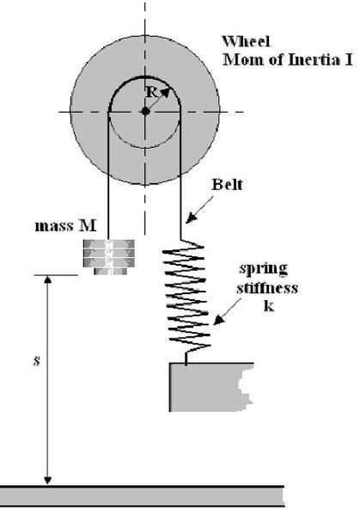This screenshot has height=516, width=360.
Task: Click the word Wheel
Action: click(x=247, y=41)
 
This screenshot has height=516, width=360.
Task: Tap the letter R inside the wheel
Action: click(x=151, y=93)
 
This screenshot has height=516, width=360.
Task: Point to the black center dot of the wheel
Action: click(x=145, y=112)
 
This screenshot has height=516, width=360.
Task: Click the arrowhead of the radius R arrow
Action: click(x=165, y=92)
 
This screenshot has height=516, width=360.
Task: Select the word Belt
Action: click(x=227, y=184)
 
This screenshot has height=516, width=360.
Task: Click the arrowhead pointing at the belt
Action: click(x=191, y=218)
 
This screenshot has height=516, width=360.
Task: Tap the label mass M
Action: click(x=66, y=226)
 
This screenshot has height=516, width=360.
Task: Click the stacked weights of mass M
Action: click(x=109, y=257)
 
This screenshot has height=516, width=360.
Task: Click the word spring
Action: click(x=264, y=269)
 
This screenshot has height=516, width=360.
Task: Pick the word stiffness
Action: click(x=267, y=288)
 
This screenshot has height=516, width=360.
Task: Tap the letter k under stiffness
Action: click(x=269, y=306)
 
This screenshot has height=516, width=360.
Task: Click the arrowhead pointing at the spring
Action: click(x=219, y=320)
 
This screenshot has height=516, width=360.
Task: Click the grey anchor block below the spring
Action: click(x=211, y=387)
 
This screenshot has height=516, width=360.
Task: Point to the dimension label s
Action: click(x=37, y=361)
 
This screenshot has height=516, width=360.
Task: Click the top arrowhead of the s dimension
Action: click(x=47, y=279)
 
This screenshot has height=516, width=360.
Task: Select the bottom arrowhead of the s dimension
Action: click(x=47, y=480)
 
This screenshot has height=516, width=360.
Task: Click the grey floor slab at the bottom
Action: click(x=142, y=496)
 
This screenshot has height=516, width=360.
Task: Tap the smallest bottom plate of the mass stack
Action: click(x=111, y=271)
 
